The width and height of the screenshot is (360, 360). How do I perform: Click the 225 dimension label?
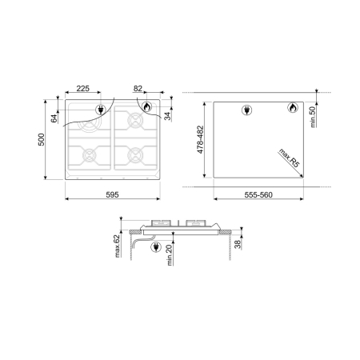pos(83,89)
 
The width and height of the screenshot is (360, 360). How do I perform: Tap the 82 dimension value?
pos(138,89)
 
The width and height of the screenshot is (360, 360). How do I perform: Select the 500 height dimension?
pos(42,139)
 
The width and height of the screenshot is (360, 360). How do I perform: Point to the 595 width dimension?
pos(112,195)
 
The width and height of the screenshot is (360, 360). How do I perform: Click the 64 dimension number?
pos(54,118)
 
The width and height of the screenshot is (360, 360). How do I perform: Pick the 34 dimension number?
pos(167,116)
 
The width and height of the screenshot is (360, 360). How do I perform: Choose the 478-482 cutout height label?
pos(200,139)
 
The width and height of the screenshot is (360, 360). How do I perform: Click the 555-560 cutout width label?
pos(258,195)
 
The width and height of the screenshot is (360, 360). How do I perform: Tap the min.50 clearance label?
pos(313,117)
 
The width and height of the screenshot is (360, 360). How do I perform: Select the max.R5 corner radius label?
pos(289,158)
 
